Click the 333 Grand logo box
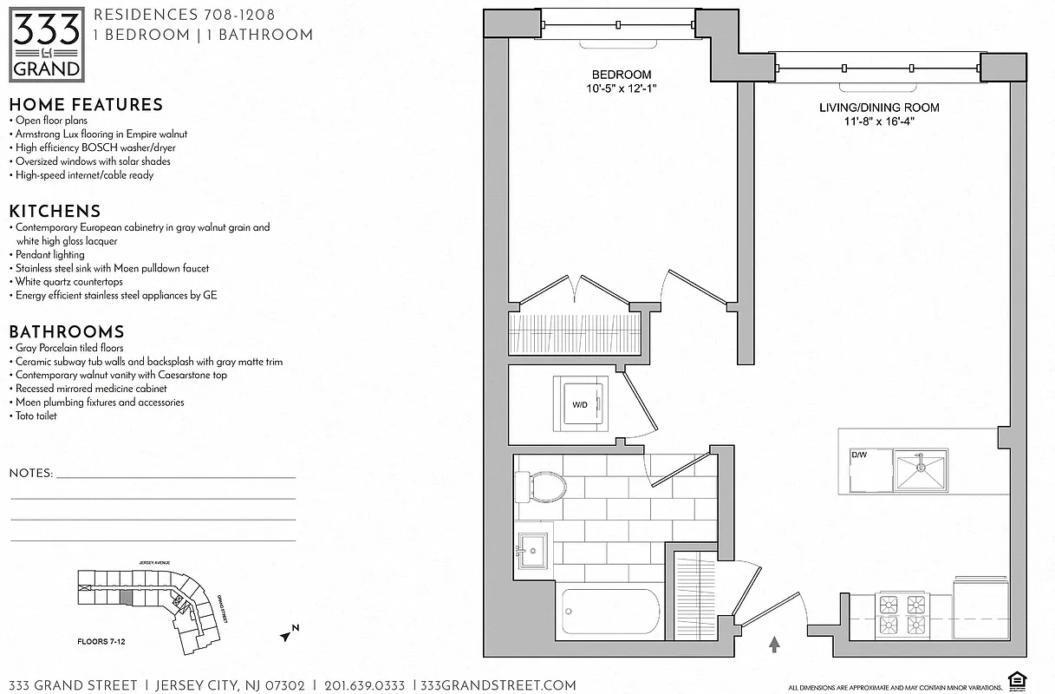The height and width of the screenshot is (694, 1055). click(47, 44)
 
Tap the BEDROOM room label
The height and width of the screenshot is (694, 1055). click(621, 75)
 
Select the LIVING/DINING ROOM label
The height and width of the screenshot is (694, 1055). click(879, 108)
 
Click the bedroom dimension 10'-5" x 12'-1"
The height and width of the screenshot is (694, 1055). click(621, 88)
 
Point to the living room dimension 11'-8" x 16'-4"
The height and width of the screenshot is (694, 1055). click(879, 121)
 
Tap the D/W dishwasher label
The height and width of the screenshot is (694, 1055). click(859, 455)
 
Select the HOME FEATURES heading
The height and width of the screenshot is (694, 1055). click(86, 105)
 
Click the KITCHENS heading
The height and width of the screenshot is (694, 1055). click(55, 212)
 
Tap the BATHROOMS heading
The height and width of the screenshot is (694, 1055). click(67, 332)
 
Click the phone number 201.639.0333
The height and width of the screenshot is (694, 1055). click(364, 685)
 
